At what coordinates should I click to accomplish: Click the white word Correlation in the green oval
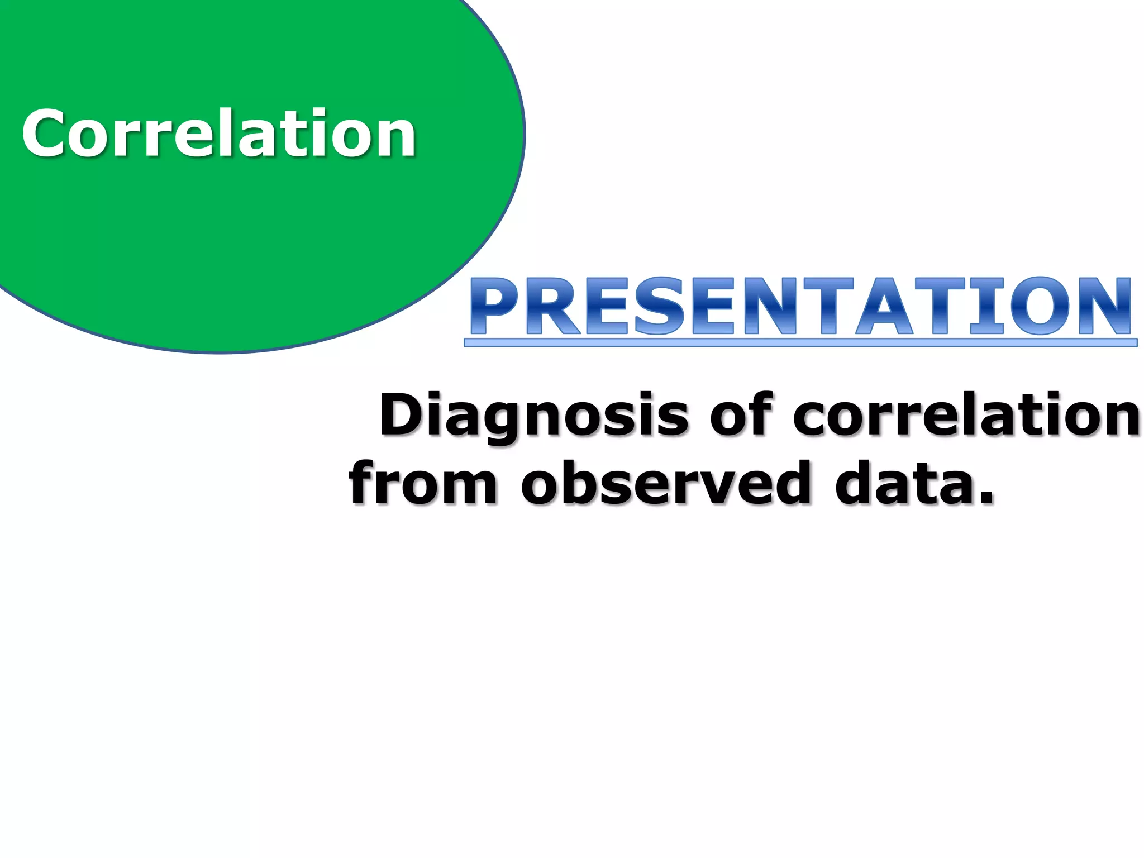tap(219, 134)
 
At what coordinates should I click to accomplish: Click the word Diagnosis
tap(533, 416)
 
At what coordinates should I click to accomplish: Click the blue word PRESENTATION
tap(800, 306)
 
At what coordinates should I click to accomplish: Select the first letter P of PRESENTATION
tap(494, 306)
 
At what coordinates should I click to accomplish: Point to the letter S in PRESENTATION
tap(659, 306)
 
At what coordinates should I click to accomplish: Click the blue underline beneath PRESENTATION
tap(800, 342)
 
